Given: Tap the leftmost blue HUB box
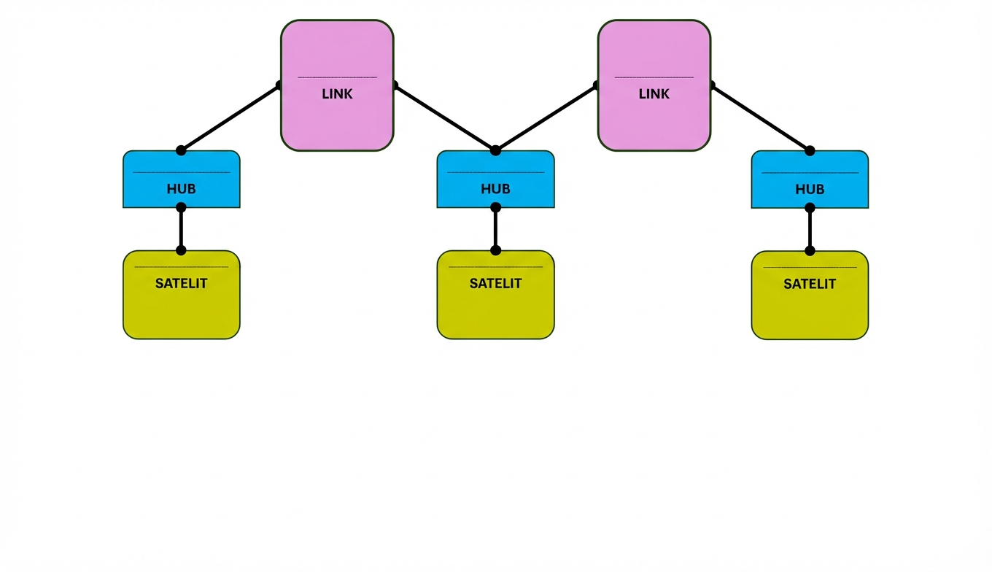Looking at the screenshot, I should coord(181,179).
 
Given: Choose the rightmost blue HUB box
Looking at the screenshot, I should coord(810,179).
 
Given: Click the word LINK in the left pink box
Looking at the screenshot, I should coord(337,94).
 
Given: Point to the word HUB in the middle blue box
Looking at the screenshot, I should coord(495,189).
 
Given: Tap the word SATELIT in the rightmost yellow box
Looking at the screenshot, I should coord(810,284).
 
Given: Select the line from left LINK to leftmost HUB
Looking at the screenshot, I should coord(230,118).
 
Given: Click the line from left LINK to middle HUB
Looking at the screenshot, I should coord(445,118).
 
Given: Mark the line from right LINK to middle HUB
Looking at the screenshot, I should coord(546,118).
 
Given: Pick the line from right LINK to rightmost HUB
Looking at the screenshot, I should coord(761,118).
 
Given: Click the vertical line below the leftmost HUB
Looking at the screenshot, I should coord(181,229).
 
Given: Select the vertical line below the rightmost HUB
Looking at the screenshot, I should coord(810,229).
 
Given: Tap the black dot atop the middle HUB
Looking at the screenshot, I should coord(495,150).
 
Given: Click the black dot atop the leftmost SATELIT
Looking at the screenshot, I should coord(181,250).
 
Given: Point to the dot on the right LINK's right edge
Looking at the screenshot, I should coord(711,85).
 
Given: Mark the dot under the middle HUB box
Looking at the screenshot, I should coord(495,207).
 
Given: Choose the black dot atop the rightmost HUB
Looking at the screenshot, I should coord(810,150).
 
